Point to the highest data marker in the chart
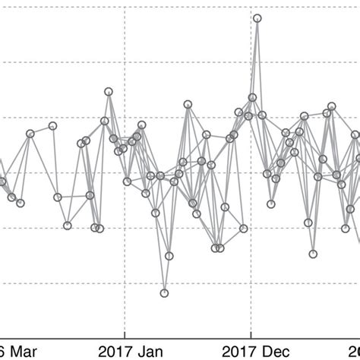pos(257,17)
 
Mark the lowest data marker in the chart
pos(165,292)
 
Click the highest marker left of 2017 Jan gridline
pos(109,91)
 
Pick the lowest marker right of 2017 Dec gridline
pos(312,253)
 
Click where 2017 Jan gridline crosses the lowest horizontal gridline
pos(123,283)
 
